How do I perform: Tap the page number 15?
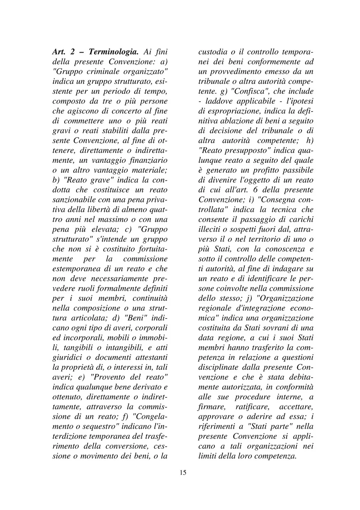point(183,472)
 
